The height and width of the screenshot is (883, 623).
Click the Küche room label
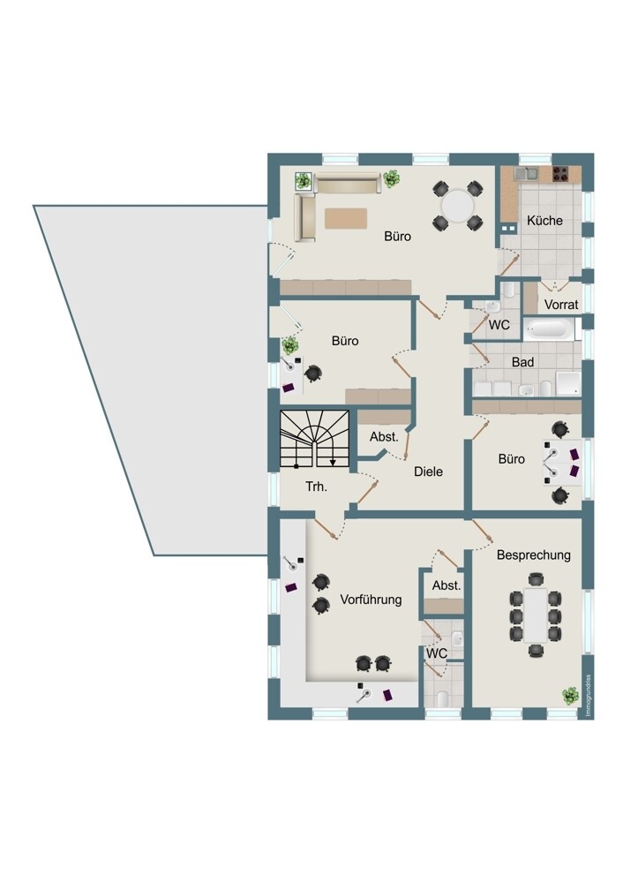(x=544, y=221)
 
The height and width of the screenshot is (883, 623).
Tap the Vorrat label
(x=561, y=305)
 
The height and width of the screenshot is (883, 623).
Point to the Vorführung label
(x=371, y=600)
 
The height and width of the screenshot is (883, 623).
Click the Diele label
(x=428, y=472)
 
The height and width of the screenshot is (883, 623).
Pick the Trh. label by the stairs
(x=316, y=487)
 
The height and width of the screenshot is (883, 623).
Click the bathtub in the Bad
(x=549, y=329)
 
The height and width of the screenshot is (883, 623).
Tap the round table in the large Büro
(x=457, y=206)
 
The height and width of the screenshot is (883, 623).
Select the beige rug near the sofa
(x=346, y=218)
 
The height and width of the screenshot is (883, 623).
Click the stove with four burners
(x=560, y=174)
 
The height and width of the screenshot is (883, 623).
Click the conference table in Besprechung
(x=536, y=615)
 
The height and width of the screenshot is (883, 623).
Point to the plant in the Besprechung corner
(x=570, y=696)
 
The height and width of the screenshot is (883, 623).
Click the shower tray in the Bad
(x=567, y=383)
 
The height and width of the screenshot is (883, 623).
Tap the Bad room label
(x=522, y=362)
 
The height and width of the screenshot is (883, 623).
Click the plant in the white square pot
(x=303, y=181)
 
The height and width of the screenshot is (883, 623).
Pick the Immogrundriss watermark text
(x=588, y=696)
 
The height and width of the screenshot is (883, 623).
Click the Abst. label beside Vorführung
(x=447, y=585)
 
